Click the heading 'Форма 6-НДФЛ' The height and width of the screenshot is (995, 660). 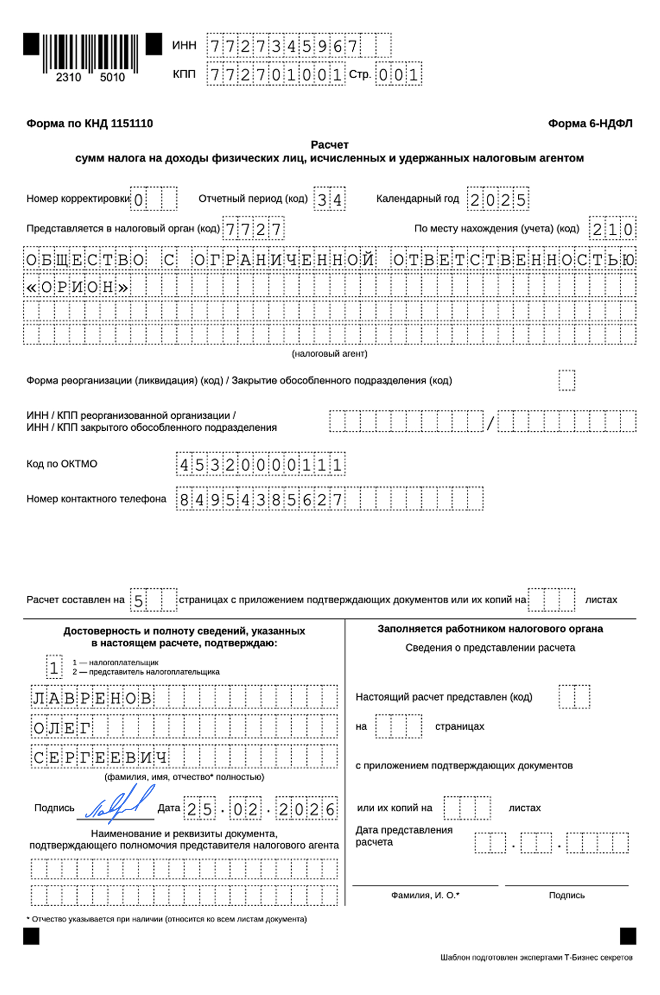click(x=590, y=124)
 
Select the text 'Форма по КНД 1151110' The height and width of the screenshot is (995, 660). click(x=90, y=124)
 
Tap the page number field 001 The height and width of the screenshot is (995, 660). click(x=398, y=75)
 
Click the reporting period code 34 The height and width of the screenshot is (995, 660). click(x=330, y=199)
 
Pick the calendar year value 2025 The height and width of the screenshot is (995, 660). click(x=498, y=199)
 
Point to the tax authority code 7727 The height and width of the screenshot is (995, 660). click(x=253, y=229)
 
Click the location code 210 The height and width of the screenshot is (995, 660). click(x=612, y=229)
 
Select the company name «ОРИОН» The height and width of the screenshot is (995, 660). click(x=78, y=287)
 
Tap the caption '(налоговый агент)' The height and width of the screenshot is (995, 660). click(x=330, y=354)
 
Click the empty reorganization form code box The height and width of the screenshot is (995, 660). click(x=566, y=380)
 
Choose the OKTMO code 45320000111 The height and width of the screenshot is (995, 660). click(x=261, y=465)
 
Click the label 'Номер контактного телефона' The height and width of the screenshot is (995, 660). click(x=96, y=499)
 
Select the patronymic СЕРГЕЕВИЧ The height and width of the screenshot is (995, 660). click(x=100, y=757)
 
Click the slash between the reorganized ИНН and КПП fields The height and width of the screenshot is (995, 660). click(x=490, y=423)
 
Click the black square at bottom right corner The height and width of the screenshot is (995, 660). click(x=628, y=936)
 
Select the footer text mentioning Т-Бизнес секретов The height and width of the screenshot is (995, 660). click(x=536, y=957)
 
